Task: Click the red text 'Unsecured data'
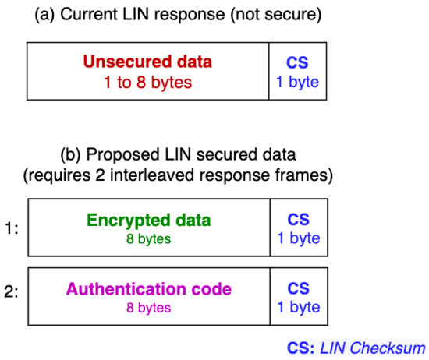(149, 62)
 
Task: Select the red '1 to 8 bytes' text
(149, 82)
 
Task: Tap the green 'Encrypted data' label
(149, 220)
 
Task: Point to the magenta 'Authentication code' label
(149, 289)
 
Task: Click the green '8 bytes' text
(149, 238)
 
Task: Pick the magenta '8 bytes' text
(149, 308)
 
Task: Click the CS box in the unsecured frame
(298, 72)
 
